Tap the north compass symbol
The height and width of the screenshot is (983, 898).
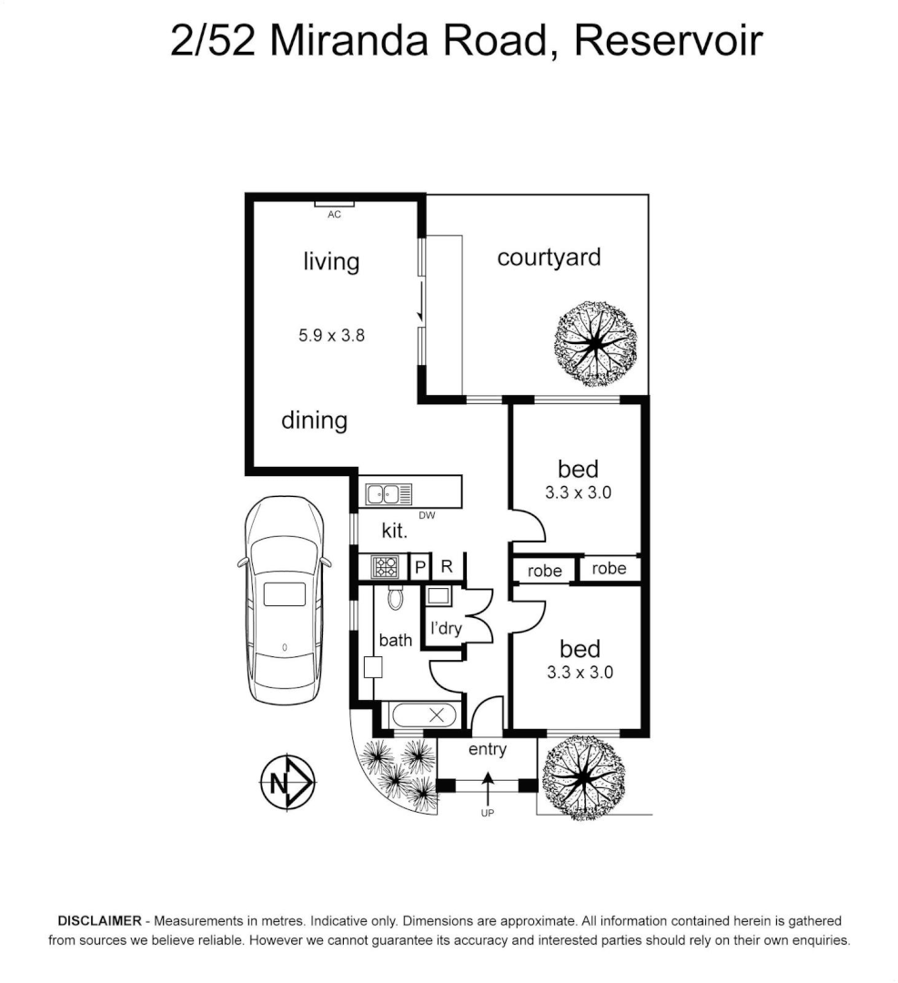tap(288, 782)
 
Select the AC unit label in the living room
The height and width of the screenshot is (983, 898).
tap(334, 215)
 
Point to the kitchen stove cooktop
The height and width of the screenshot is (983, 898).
tap(385, 567)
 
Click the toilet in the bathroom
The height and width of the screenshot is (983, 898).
tap(396, 598)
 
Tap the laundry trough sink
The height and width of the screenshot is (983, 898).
tap(438, 597)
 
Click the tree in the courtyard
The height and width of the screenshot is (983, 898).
tap(595, 343)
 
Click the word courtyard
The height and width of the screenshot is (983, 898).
tap(549, 257)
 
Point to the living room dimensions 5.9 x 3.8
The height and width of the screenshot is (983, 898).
tap(331, 335)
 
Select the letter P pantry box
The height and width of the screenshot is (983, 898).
tap(420, 567)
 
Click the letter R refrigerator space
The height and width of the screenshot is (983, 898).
tap(447, 566)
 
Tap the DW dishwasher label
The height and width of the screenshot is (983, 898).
tap(427, 516)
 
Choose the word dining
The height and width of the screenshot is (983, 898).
tap(314, 421)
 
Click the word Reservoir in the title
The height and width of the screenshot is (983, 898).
tap(668, 42)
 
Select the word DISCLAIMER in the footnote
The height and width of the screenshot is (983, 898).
tap(98, 921)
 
